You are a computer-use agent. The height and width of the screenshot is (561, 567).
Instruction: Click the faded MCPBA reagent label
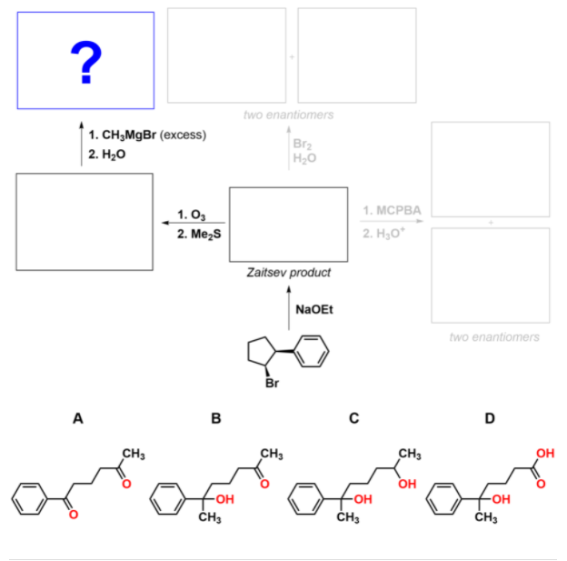[392, 211]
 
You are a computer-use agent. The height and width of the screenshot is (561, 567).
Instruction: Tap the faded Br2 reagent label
[303, 144]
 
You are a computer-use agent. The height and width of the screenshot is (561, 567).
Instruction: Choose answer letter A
[78, 419]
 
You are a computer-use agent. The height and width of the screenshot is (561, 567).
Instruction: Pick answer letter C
[353, 419]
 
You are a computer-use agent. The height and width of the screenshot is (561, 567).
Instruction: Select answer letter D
[491, 419]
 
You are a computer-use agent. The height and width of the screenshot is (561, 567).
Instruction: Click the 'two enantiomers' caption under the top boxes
[289, 115]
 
